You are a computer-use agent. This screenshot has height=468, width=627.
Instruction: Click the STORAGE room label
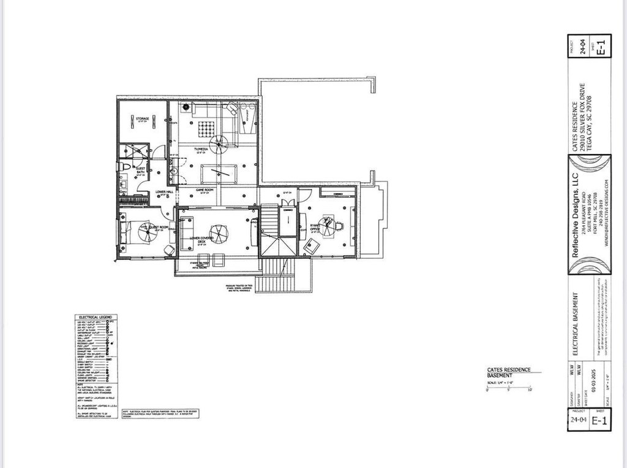[142, 120]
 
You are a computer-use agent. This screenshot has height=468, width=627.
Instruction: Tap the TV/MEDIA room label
[204, 149]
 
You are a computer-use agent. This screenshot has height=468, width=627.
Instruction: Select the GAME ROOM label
[204, 191]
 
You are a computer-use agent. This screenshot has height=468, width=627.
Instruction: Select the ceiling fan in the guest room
[147, 234]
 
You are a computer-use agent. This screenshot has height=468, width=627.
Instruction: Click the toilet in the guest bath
[125, 166]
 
